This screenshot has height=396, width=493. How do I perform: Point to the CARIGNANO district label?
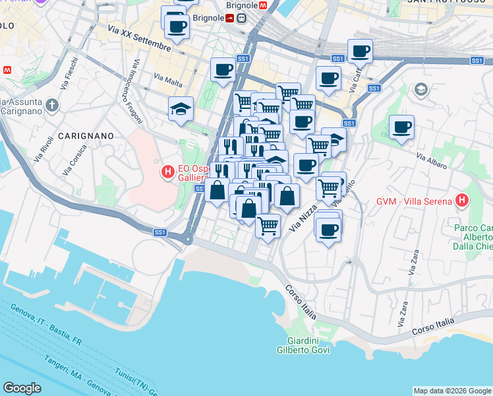point(86,135)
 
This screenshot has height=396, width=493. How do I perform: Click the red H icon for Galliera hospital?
point(167,173)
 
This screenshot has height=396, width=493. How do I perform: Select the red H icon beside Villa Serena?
point(463,201)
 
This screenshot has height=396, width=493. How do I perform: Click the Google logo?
point(22,388)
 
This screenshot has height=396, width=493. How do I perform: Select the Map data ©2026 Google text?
point(451,391)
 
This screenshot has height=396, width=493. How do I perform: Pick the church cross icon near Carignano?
point(52,105)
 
